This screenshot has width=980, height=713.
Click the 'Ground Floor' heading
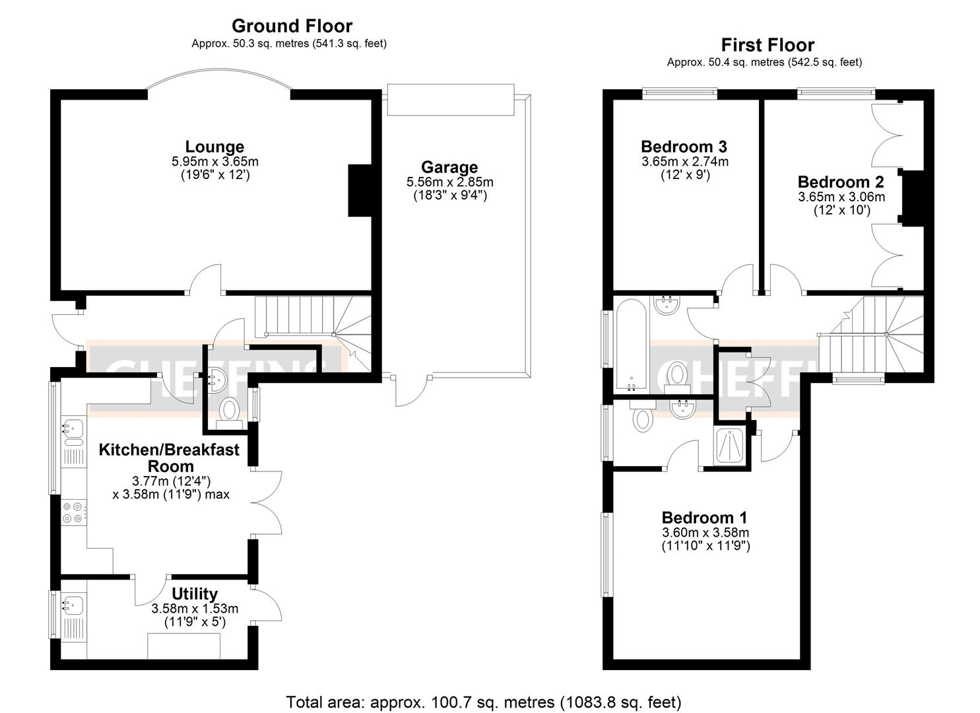292,26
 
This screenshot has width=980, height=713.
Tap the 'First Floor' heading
768,45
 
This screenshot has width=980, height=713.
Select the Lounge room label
214,147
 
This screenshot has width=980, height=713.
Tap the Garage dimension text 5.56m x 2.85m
449,182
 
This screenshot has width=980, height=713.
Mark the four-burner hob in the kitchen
73,513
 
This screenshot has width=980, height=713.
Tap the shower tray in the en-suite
731,447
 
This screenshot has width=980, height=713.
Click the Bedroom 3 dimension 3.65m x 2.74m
685,161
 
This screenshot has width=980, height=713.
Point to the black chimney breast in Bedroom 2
913,199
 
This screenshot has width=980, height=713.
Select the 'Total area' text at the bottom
483,702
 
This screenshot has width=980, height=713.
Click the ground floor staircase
310,317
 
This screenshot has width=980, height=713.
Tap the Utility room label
195,594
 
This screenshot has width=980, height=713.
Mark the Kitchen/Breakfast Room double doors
267,502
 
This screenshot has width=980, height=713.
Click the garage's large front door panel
451,100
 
